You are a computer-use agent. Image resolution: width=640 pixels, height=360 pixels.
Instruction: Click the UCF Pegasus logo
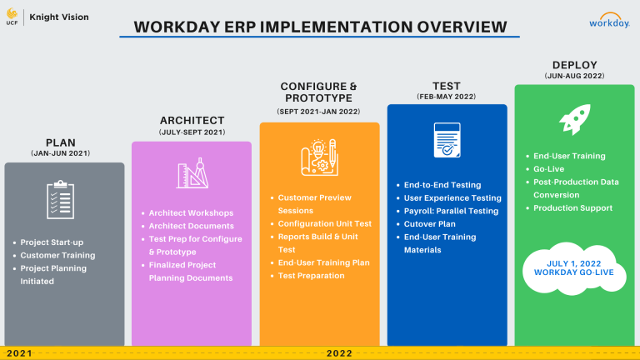12,17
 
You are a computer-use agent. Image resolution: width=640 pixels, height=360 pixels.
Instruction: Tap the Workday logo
609,20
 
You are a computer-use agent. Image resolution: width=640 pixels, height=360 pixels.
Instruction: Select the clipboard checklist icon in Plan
60,200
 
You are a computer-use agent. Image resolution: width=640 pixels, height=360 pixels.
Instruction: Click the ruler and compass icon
192,173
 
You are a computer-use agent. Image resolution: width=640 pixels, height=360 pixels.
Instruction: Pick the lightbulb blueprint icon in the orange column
320,157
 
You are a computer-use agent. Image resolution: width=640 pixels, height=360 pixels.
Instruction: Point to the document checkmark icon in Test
447,140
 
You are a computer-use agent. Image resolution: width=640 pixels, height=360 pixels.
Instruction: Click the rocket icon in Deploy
575,119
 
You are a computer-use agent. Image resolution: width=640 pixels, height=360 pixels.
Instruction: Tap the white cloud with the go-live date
574,268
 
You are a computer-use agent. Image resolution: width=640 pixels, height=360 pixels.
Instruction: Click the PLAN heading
60,142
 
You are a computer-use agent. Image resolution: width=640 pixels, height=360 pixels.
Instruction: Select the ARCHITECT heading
192,120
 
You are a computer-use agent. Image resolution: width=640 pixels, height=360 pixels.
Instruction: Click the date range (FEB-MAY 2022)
447,97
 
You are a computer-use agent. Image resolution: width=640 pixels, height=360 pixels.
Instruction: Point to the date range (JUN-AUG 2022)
574,76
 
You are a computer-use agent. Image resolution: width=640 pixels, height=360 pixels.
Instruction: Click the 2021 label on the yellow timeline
19,353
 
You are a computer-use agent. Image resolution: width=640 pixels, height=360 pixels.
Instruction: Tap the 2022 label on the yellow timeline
339,353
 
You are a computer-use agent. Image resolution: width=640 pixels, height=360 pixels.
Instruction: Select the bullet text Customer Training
57,256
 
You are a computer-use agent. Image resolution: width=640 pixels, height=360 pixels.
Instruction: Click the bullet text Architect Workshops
191,213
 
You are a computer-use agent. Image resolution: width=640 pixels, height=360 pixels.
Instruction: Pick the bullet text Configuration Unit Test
325,223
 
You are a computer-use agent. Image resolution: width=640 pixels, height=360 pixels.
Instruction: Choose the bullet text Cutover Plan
430,224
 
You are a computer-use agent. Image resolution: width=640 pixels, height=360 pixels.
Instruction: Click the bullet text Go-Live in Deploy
548,169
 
